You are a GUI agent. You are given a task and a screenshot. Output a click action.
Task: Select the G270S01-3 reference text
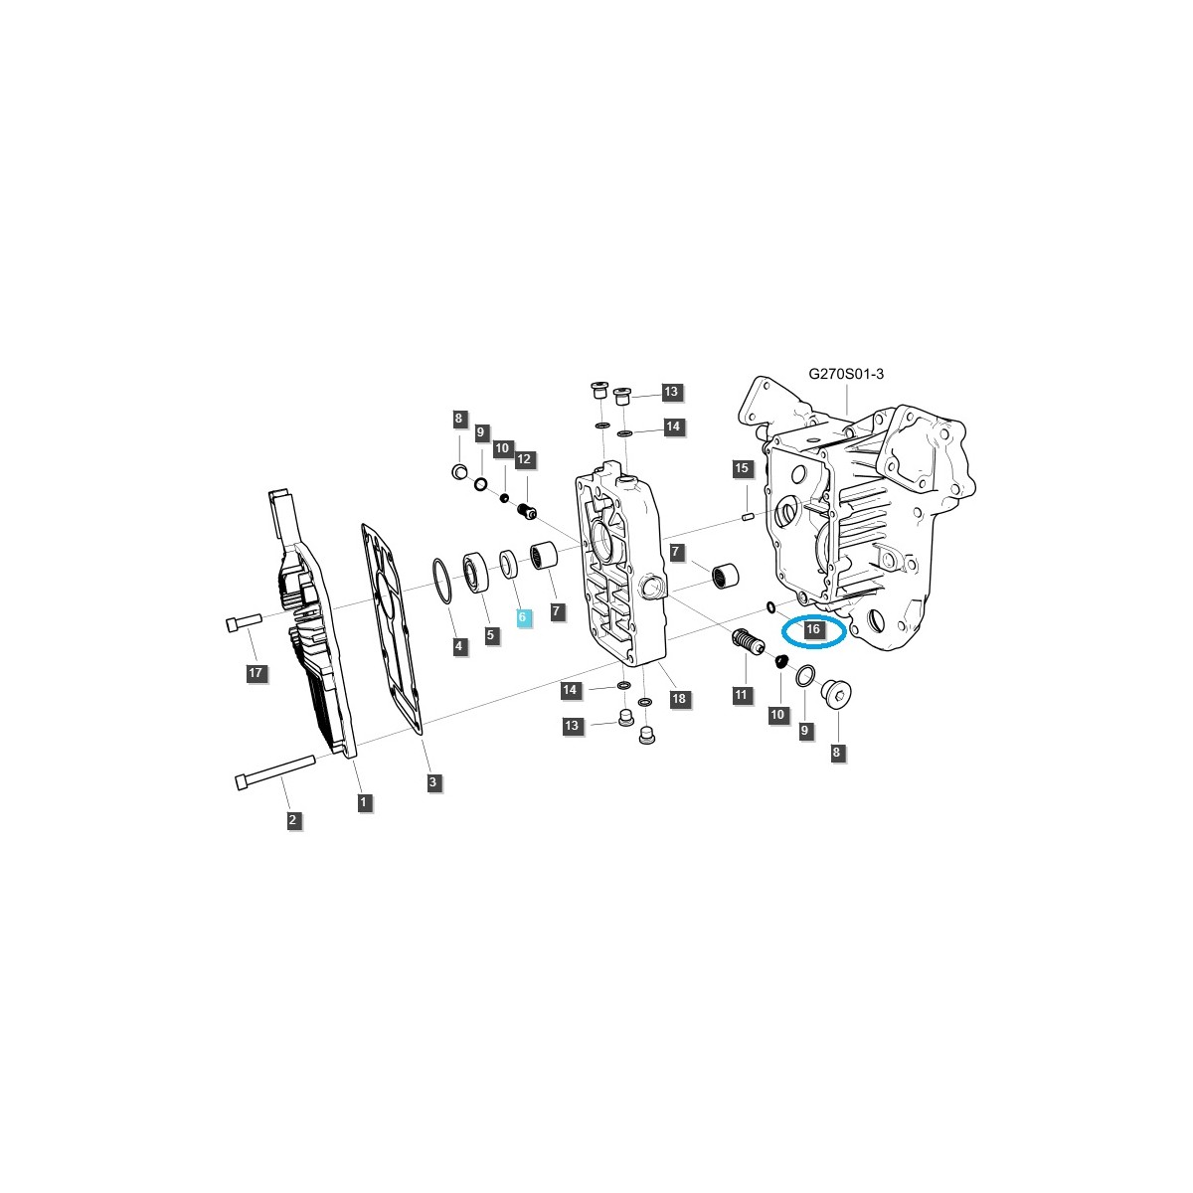845,374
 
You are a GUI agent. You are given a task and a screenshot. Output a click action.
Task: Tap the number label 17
256,674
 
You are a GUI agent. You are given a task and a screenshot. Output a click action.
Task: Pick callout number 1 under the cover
364,801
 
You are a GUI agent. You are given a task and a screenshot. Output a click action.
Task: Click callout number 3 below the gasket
432,782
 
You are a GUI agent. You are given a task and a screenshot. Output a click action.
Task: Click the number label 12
524,459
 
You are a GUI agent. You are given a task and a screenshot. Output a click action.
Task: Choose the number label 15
740,467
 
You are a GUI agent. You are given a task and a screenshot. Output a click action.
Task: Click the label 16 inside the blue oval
812,629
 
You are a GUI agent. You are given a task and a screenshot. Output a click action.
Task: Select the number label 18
679,699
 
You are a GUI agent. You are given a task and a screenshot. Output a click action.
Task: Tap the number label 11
741,695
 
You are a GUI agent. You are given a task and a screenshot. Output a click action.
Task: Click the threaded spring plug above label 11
747,643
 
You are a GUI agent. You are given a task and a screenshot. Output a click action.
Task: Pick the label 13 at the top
670,392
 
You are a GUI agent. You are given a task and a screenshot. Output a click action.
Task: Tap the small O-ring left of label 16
770,606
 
